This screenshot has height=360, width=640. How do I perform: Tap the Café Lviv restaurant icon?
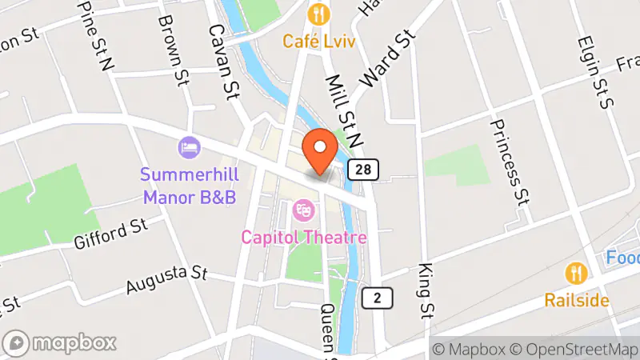[x=319, y=14]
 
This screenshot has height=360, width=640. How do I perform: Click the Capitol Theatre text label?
[x=305, y=238]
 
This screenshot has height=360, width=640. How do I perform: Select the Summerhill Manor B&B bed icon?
[x=189, y=147]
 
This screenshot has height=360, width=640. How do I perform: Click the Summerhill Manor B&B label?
[x=188, y=184]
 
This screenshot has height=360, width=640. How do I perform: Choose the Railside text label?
[x=577, y=301]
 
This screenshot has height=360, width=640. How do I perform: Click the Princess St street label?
[x=510, y=160]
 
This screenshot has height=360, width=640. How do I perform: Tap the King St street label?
[x=425, y=290]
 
